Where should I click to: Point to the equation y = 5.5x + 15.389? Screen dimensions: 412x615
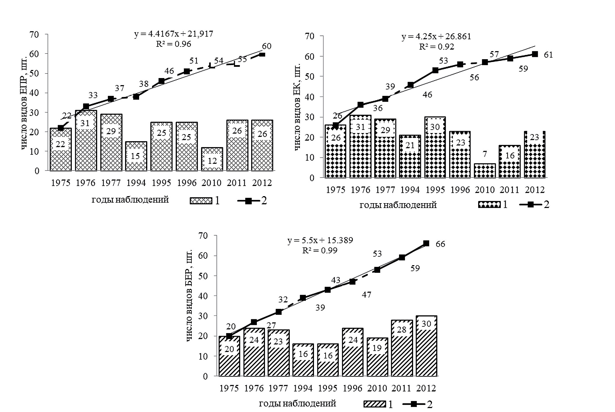(320, 240)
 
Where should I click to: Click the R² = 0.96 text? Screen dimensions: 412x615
(173, 44)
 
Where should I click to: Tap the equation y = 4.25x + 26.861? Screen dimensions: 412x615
(436, 37)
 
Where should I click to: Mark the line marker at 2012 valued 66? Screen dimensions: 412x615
(426, 243)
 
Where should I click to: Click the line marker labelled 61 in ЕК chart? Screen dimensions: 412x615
(535, 54)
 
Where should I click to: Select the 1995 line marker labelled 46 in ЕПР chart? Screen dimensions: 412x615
(161, 81)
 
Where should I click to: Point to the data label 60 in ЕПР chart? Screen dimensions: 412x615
(266, 46)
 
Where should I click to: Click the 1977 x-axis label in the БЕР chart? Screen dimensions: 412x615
(278, 389)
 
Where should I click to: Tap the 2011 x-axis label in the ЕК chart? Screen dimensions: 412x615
(510, 190)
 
